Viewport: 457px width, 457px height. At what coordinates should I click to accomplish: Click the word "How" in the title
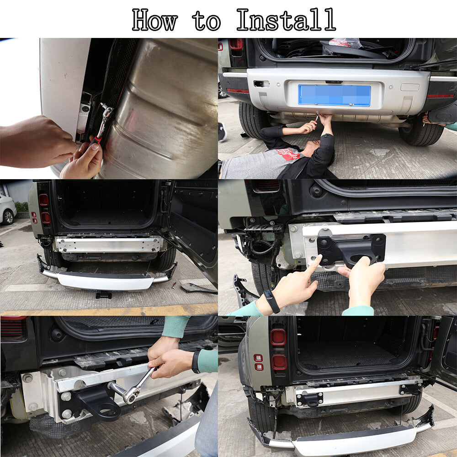[154, 20]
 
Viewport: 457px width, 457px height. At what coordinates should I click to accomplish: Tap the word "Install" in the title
[286, 20]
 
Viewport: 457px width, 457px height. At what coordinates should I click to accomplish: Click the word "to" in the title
[207, 21]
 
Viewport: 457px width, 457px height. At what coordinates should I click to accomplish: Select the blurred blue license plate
[335, 96]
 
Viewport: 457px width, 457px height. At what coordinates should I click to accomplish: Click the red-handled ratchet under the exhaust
[102, 124]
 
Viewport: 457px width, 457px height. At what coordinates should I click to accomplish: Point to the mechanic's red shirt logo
[288, 154]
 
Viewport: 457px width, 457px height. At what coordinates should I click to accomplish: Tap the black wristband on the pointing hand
[271, 302]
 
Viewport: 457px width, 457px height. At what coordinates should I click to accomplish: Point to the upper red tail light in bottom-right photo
[278, 338]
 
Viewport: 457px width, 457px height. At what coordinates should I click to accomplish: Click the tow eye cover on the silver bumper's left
[261, 84]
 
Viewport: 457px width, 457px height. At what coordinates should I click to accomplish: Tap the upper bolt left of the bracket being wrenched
[62, 372]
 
